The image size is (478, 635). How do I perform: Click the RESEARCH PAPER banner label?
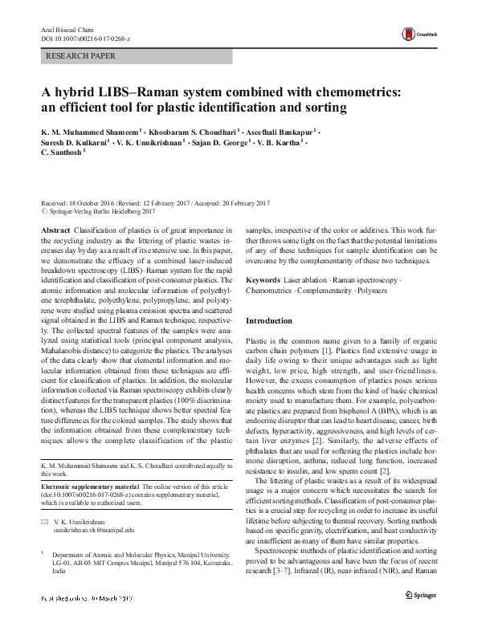(82, 56)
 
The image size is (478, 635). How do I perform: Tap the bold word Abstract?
(54, 230)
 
